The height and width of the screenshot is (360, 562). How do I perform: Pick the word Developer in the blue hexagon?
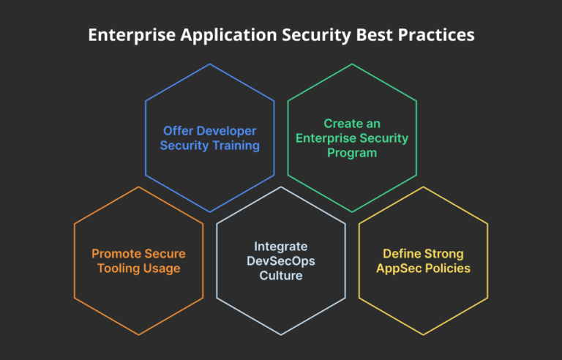click(x=224, y=131)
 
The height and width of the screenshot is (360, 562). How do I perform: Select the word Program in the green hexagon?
click(x=351, y=152)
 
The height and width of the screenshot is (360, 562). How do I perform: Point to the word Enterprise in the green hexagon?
click(x=325, y=138)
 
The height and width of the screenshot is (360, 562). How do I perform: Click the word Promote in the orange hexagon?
click(x=116, y=254)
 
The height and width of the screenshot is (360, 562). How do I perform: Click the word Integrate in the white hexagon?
click(x=280, y=247)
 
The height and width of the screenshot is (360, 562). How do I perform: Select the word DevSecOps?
click(x=280, y=261)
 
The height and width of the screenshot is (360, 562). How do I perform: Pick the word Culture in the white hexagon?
click(x=280, y=276)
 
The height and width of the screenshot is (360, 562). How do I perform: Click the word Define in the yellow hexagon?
click(x=401, y=254)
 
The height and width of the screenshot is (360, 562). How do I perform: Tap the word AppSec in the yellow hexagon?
click(x=397, y=269)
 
